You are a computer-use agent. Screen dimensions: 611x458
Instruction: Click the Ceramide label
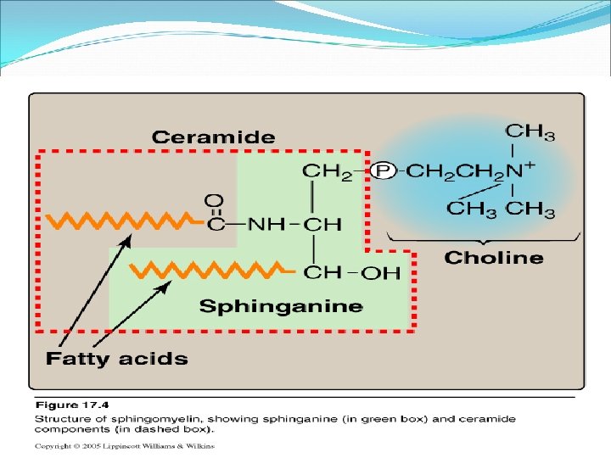pyautogui.click(x=213, y=137)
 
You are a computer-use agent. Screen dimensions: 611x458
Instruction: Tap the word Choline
pyautogui.click(x=493, y=257)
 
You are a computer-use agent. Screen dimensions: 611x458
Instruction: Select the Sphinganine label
pyautogui.click(x=280, y=306)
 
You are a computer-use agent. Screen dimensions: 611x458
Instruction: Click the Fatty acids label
pyautogui.click(x=116, y=358)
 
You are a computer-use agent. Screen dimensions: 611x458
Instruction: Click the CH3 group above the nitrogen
pyautogui.click(x=530, y=132)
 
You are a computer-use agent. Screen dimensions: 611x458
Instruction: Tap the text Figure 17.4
pyautogui.click(x=64, y=405)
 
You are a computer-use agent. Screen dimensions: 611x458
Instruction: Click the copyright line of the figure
pyautogui.click(x=124, y=445)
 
